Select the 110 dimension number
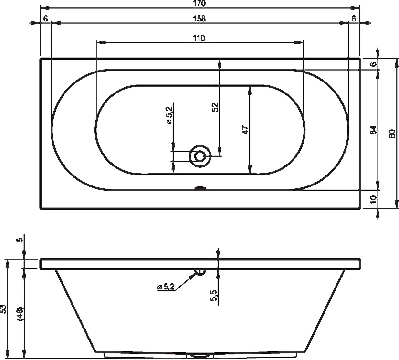click(x=199, y=38)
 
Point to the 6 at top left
click(x=45, y=19)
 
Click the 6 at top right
click(x=354, y=19)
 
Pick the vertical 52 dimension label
click(x=215, y=107)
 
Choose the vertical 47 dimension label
click(x=245, y=130)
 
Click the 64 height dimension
click(x=373, y=130)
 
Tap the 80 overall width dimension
click(x=392, y=134)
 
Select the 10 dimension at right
click(x=373, y=199)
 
